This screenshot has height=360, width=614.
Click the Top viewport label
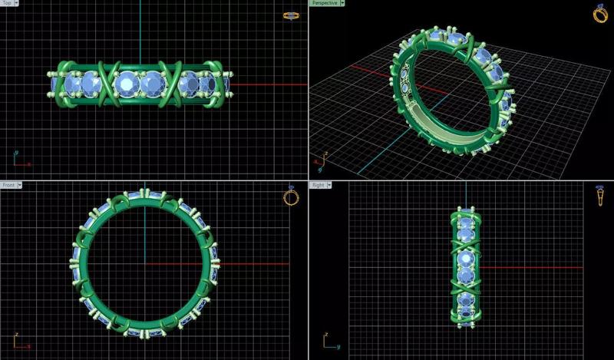[8, 3]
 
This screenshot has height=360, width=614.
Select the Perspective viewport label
[324, 3]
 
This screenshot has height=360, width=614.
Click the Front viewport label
[8, 185]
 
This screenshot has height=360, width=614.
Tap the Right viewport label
[318, 185]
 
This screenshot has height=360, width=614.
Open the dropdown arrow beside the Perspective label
[342, 3]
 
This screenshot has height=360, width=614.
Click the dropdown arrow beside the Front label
[20, 185]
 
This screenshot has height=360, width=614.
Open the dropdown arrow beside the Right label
[330, 185]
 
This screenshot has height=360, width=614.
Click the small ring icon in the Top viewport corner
[291, 15]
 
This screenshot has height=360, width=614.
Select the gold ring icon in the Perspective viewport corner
[600, 13]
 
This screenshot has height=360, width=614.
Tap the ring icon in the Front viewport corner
[291, 196]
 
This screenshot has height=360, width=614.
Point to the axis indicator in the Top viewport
[20, 160]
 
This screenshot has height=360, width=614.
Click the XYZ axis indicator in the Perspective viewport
[321, 162]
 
